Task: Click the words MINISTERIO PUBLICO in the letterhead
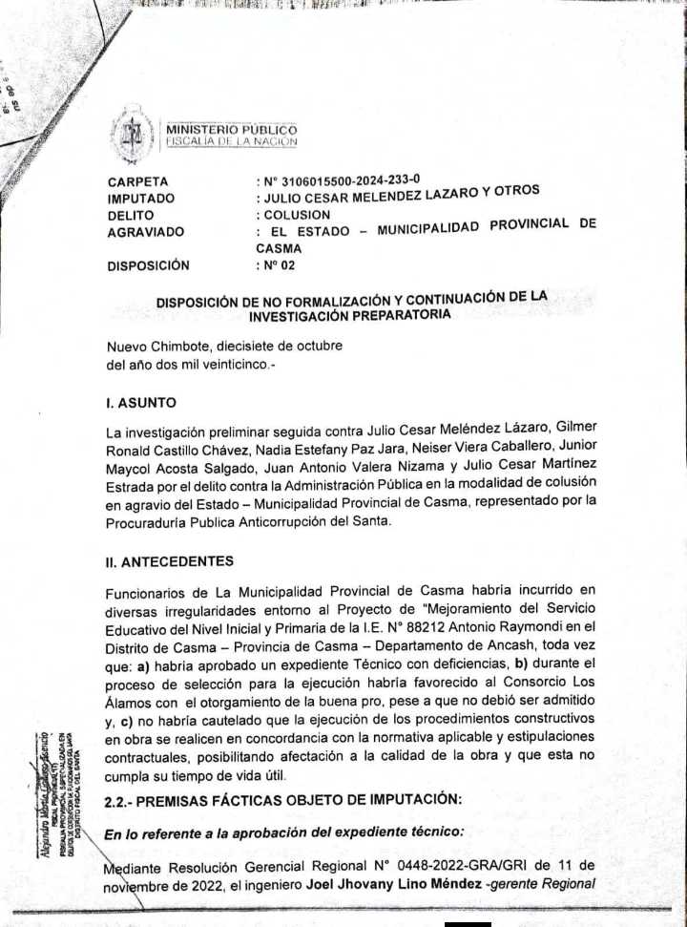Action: point(232,130)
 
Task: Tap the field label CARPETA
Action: point(138,181)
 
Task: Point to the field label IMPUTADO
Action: point(141,199)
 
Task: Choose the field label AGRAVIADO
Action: point(146,232)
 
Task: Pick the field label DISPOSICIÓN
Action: point(148,265)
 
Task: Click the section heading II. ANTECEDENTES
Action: point(170,562)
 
